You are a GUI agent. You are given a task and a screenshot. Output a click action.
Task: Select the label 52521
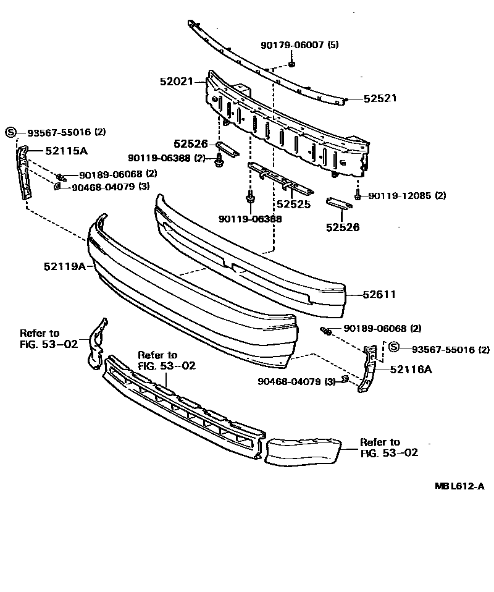coord(380,98)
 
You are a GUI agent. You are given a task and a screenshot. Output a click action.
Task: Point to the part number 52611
coord(379,295)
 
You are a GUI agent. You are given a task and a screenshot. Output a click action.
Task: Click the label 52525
coord(293,203)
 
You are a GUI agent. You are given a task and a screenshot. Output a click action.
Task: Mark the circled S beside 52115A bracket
coord(10,132)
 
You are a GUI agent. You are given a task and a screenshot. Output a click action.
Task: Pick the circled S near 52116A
coord(395,349)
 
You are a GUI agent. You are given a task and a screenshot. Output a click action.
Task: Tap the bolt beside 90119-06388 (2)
coord(219,160)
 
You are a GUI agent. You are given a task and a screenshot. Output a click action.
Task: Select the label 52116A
coord(411,370)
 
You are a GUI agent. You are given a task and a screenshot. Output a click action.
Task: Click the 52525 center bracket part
coord(278,176)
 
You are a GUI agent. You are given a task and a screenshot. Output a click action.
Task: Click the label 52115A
coord(66,150)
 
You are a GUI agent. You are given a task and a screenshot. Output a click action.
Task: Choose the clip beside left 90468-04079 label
coord(57,186)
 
